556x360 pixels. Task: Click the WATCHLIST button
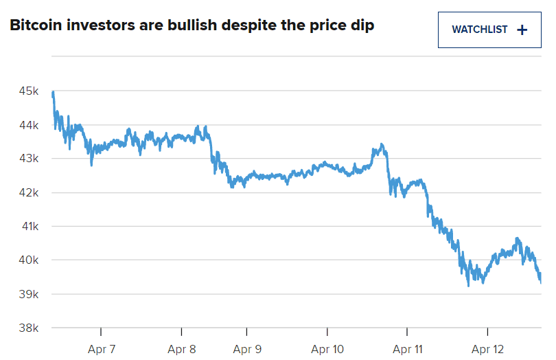click(x=489, y=30)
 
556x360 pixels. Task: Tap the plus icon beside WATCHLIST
click(x=522, y=30)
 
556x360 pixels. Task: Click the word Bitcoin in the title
click(x=34, y=26)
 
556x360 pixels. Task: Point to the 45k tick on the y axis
click(x=28, y=91)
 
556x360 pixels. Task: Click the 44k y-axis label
click(x=28, y=125)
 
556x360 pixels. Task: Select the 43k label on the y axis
click(x=28, y=159)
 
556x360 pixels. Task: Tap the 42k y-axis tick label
click(x=28, y=192)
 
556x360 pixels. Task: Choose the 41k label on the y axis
click(x=28, y=226)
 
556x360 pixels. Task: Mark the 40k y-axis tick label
click(x=28, y=260)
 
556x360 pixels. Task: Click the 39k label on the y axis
click(x=28, y=294)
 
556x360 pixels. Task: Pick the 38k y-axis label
click(x=28, y=328)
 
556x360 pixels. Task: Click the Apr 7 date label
click(x=102, y=349)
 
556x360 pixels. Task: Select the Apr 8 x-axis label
click(x=182, y=349)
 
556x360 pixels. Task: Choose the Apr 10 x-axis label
click(x=327, y=349)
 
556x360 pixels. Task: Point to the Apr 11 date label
click(x=407, y=349)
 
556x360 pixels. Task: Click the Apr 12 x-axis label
click(x=487, y=349)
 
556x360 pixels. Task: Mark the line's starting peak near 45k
click(x=53, y=93)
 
